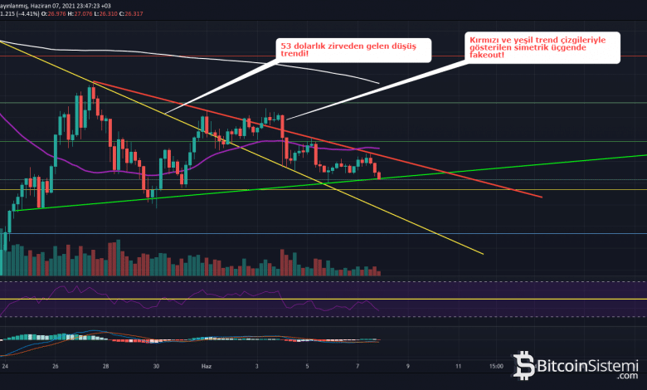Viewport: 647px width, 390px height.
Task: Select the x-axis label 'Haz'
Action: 207,364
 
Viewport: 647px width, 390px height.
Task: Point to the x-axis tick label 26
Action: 55,364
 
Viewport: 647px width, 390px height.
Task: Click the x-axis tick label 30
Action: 157,364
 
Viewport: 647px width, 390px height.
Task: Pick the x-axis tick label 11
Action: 459,364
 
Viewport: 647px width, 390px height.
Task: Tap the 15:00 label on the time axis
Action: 496,364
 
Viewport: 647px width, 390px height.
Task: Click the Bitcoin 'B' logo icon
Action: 524,365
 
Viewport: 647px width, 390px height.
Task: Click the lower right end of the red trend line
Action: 542,197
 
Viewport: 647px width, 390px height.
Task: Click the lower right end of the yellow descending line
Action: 482,253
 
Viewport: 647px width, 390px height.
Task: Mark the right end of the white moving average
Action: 378,83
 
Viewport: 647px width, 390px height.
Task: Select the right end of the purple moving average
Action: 379,148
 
